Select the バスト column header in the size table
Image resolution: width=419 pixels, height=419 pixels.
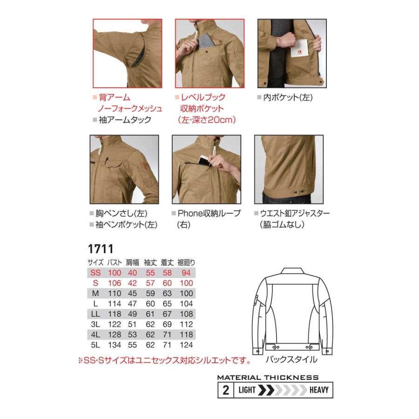point(114,262)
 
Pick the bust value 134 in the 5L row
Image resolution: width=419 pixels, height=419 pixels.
point(114,345)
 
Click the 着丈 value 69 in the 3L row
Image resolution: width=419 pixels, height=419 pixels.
point(167,324)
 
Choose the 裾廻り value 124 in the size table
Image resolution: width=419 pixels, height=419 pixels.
point(185,345)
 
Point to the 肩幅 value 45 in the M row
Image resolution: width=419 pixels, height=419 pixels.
point(133,293)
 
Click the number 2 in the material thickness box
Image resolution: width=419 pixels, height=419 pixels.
point(226,390)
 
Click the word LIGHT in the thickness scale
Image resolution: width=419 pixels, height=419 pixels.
point(247,390)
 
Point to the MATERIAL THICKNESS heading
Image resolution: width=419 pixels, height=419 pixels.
point(268,378)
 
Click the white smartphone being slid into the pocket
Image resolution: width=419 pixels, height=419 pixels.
point(204,160)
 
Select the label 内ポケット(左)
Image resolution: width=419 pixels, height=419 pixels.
point(287,98)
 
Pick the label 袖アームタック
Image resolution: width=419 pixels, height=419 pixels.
point(124,120)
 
